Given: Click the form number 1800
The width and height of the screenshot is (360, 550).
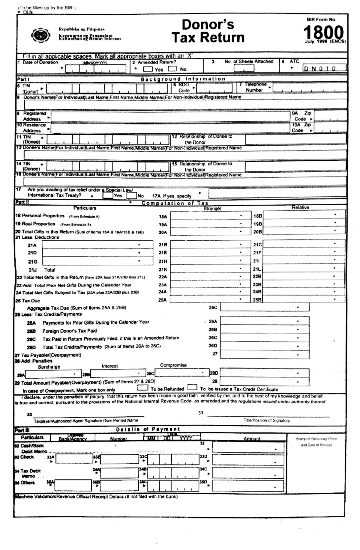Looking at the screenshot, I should click(x=323, y=33).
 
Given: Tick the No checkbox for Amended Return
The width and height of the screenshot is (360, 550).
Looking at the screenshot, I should click(x=172, y=69).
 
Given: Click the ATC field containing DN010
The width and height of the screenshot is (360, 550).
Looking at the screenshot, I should click(x=324, y=68).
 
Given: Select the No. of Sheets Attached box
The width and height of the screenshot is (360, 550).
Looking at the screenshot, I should click(x=244, y=68).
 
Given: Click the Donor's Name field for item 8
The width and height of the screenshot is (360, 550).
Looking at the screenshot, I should click(x=185, y=105).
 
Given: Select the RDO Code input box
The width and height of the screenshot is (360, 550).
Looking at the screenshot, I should click(x=214, y=88).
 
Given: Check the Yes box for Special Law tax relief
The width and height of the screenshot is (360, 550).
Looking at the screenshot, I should click(x=108, y=196).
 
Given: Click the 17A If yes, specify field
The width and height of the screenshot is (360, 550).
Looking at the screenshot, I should click(x=277, y=193).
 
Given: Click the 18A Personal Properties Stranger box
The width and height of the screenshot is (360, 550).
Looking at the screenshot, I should click(x=210, y=216).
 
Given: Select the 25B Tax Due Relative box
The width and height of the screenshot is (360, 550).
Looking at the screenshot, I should click(x=304, y=299).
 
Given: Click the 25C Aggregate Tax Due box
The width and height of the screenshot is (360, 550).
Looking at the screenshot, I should click(x=264, y=307).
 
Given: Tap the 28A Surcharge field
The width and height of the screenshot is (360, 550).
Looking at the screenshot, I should click(x=53, y=374).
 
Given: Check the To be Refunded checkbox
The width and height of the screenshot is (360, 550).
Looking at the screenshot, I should click(x=142, y=388).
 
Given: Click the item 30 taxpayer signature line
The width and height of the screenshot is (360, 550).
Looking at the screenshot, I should click(x=88, y=415).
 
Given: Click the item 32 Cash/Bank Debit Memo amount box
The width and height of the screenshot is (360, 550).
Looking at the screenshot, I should click(x=248, y=447).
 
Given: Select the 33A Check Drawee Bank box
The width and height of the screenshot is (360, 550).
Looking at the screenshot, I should click(x=73, y=459).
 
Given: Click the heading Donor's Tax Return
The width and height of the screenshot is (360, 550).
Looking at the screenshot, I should click(x=208, y=31).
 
